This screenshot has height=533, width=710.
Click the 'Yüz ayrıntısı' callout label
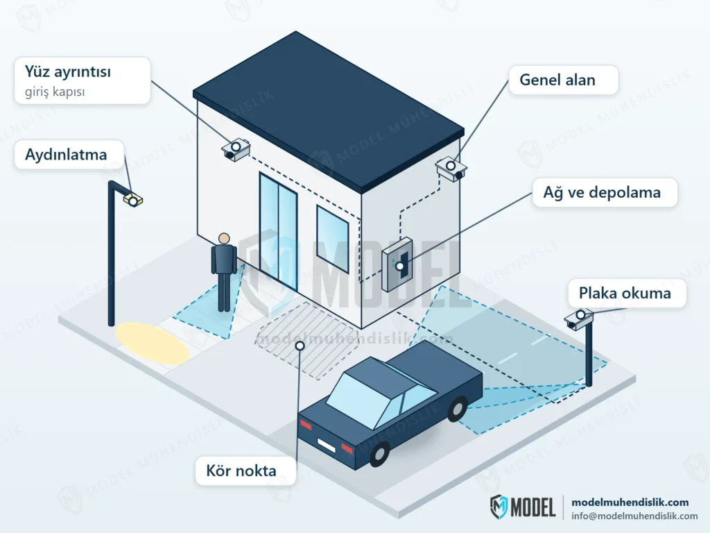tap(83, 81)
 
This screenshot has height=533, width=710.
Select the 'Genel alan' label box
tap(563, 80)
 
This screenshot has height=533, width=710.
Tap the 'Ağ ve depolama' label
tap(605, 193)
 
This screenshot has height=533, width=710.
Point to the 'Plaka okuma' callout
tap(627, 294)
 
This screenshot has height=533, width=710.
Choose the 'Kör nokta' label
tap(245, 471)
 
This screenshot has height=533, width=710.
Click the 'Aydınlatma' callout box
tap(69, 155)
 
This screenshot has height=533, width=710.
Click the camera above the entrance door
tap(236, 149)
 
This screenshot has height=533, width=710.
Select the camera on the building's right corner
tap(451, 169)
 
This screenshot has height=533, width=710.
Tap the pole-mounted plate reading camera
tap(579, 319)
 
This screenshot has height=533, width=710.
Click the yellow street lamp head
tap(132, 199)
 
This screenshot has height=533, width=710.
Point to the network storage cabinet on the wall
tap(397, 264)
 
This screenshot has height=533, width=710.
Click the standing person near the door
tap(224, 272)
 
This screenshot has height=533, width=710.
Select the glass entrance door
tap(278, 231)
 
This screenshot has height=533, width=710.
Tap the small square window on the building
tap(332, 239)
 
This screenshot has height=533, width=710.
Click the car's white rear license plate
tap(326, 445)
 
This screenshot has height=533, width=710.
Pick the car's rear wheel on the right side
tap(458, 409)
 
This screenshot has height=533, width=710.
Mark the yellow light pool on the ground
tap(152, 343)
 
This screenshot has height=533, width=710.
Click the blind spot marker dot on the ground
tap(300, 346)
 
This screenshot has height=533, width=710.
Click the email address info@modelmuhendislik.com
tap(634, 516)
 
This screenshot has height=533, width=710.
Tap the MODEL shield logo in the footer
tap(499, 507)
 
